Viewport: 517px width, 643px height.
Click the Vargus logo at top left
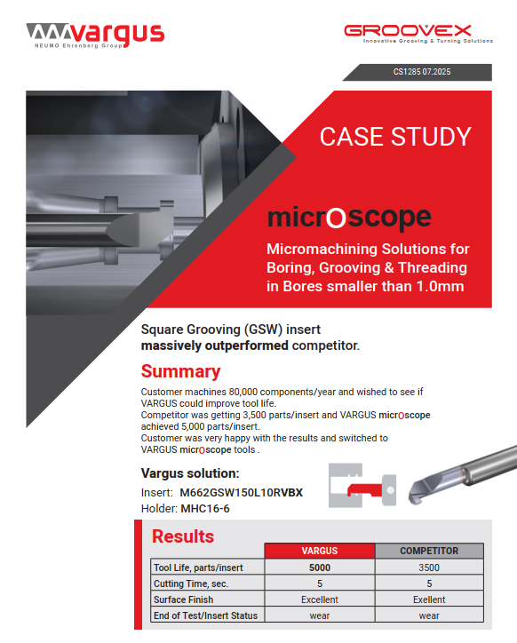pyautogui.click(x=95, y=35)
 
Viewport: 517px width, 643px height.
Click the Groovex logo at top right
pyautogui.click(x=418, y=34)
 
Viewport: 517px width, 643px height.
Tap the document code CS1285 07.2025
pyautogui.click(x=422, y=72)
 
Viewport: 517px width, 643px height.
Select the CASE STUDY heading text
pyautogui.click(x=395, y=137)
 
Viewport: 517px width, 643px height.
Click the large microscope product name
pyautogui.click(x=349, y=218)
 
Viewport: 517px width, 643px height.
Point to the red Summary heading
pyautogui.click(x=180, y=371)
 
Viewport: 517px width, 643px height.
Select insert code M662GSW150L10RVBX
pyautogui.click(x=241, y=492)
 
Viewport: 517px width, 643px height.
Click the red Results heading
pyautogui.click(x=183, y=536)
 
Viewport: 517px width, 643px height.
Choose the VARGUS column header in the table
pyautogui.click(x=319, y=551)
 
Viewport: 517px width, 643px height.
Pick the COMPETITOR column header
pyautogui.click(x=429, y=551)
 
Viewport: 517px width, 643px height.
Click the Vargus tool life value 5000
pyautogui.click(x=319, y=568)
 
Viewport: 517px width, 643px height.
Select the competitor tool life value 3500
pyautogui.click(x=429, y=568)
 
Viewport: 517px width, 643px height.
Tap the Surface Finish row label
pyautogui.click(x=183, y=599)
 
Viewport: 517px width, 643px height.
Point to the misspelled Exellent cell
pyautogui.click(x=429, y=599)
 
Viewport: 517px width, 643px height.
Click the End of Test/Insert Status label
pyautogui.click(x=205, y=615)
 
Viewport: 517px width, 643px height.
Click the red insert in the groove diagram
pyautogui.click(x=361, y=488)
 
